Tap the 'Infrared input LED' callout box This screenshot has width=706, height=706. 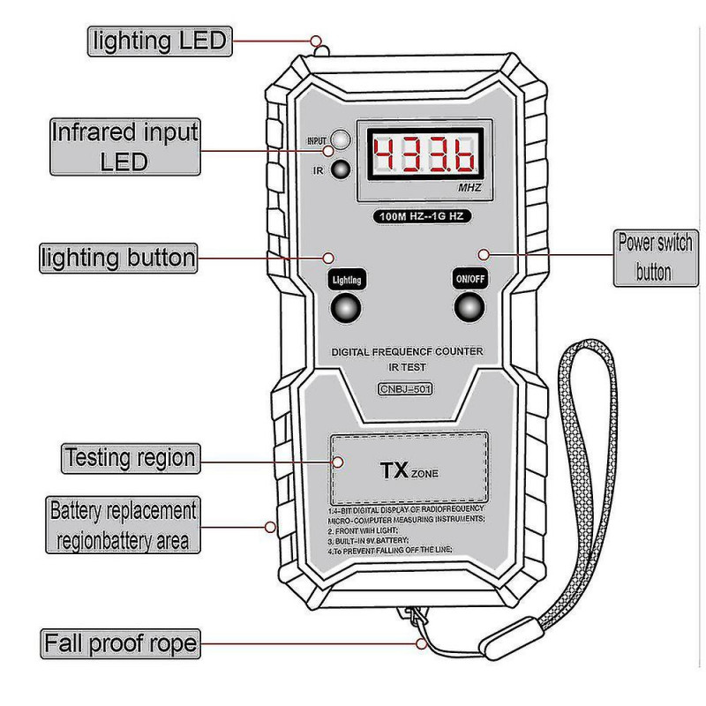124,146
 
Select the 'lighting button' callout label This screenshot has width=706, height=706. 116,258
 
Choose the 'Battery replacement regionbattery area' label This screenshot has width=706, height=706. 122,525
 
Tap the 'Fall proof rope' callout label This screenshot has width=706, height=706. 121,642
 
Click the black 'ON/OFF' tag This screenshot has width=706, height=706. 470,278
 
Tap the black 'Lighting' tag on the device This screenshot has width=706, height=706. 346,280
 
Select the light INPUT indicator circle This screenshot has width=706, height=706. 341,140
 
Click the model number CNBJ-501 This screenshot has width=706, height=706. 406,389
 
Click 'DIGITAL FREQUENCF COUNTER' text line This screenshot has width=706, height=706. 407,351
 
